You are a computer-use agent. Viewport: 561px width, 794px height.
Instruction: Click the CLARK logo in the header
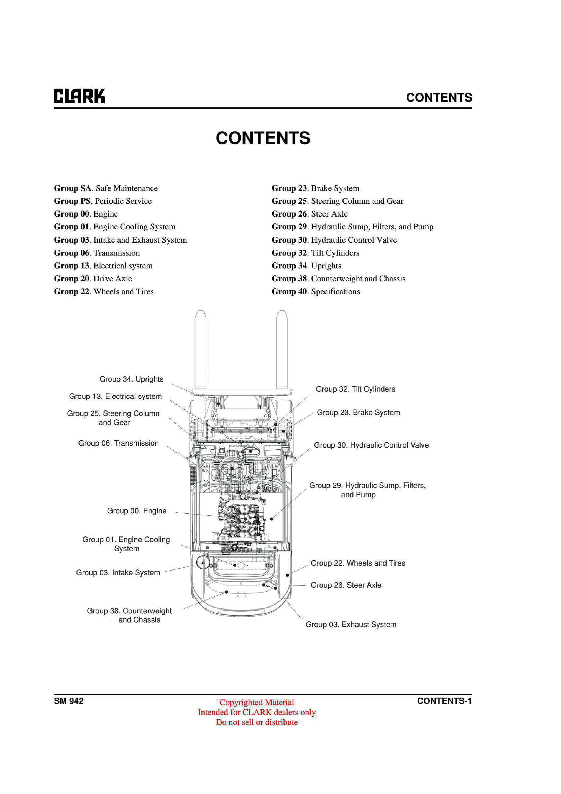pyautogui.click(x=79, y=96)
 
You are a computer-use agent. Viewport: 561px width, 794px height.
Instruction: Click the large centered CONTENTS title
pyautogui.click(x=263, y=138)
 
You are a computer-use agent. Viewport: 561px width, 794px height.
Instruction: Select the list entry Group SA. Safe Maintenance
pyautogui.click(x=106, y=188)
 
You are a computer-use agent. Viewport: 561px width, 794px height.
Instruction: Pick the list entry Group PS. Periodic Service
pyautogui.click(x=103, y=201)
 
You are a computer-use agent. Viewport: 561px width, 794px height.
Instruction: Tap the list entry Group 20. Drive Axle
pyautogui.click(x=93, y=278)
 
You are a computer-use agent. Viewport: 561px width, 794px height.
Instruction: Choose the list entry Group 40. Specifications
pyautogui.click(x=316, y=292)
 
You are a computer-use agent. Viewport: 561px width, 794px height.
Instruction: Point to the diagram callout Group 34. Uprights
pyautogui.click(x=131, y=379)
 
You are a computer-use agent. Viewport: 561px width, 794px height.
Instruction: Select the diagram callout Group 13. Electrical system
pyautogui.click(x=115, y=396)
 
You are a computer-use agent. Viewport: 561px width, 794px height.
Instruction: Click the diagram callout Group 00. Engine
pyautogui.click(x=137, y=511)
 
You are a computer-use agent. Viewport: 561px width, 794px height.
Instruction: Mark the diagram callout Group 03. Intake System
pyautogui.click(x=118, y=573)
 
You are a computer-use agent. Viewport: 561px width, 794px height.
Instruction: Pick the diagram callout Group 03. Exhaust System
pyautogui.click(x=351, y=624)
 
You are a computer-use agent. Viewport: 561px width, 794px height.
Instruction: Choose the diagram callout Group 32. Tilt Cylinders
pyautogui.click(x=356, y=389)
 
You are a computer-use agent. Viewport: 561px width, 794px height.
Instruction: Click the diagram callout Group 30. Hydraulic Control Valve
pyautogui.click(x=371, y=445)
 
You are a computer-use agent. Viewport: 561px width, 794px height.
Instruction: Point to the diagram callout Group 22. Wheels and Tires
pyautogui.click(x=358, y=563)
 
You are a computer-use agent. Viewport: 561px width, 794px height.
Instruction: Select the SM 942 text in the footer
pyautogui.click(x=69, y=701)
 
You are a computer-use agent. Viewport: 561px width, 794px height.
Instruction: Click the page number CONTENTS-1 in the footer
pyautogui.click(x=445, y=701)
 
